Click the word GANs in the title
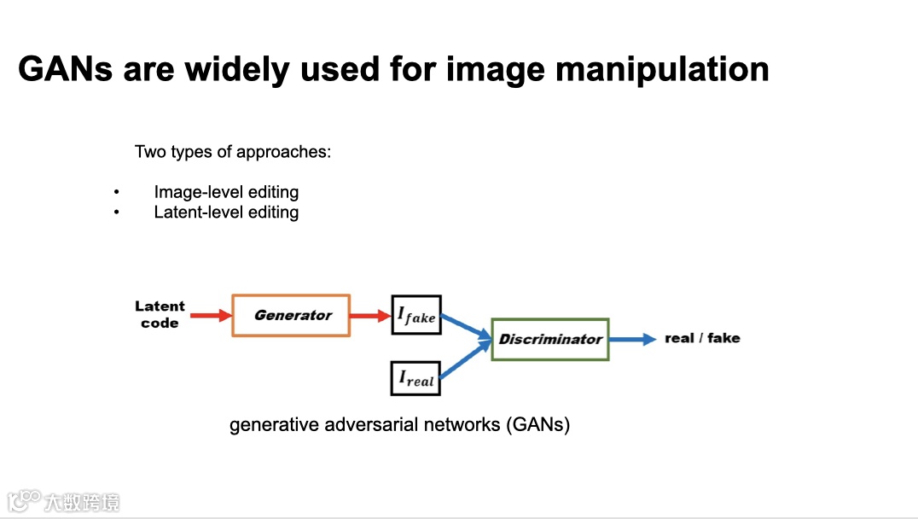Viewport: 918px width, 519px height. coord(66,68)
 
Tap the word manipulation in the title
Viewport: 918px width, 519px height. coord(662,68)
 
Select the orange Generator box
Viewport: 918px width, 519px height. coord(291,315)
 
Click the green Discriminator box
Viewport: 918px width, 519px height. coord(550,339)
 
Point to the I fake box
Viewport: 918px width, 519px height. coord(415,315)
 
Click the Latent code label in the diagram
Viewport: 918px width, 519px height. coord(160,314)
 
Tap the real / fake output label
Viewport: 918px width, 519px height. coord(702,338)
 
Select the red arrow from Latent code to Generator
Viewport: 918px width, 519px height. coord(210,316)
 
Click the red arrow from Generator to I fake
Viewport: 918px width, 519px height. coord(369,316)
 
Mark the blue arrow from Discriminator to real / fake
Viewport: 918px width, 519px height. coord(632,339)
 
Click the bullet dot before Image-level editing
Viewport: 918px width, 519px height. coord(116,192)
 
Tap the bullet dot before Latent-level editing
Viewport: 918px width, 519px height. coord(116,212)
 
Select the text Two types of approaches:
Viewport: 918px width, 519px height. coord(233,152)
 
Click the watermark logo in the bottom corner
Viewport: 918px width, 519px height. coord(25,499)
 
